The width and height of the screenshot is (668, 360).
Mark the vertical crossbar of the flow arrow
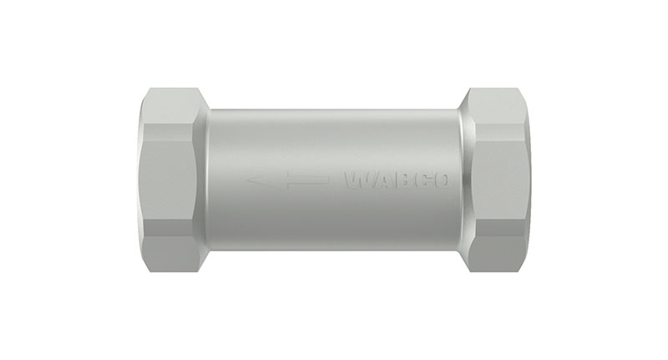(288, 180)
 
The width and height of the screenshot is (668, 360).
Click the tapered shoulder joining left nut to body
(203, 180)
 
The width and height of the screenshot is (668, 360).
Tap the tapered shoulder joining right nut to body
(463, 180)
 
